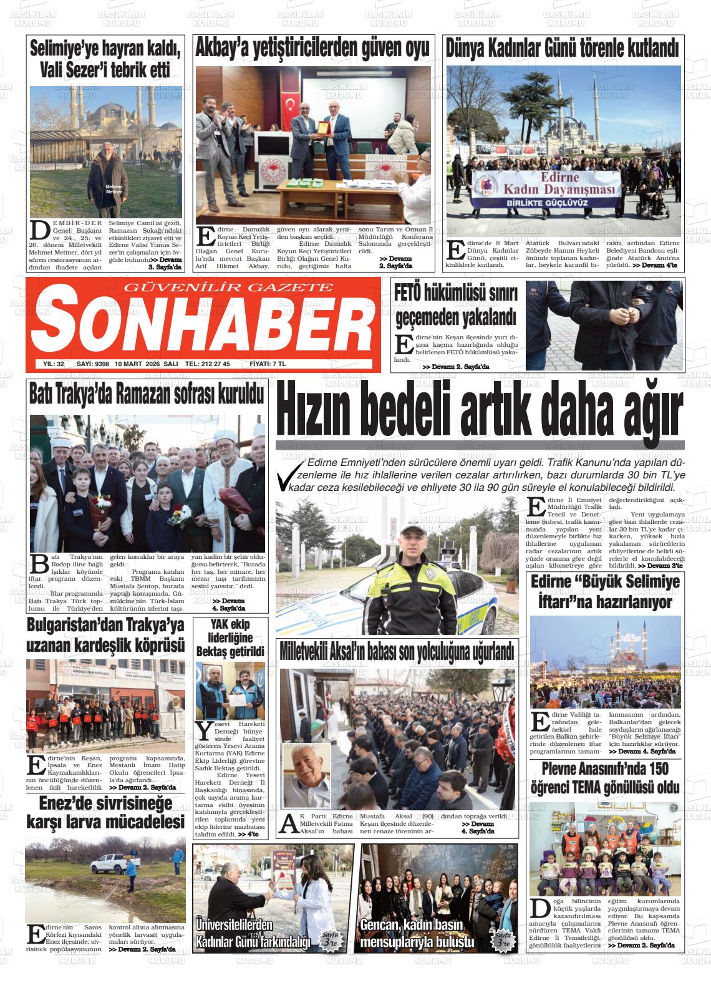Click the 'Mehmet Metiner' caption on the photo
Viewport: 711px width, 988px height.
[x=114, y=189]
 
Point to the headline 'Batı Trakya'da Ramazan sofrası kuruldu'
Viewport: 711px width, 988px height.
[x=147, y=395]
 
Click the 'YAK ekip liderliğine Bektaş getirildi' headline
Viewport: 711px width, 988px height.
[x=230, y=637]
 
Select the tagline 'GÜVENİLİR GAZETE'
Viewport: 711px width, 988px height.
[x=230, y=287]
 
